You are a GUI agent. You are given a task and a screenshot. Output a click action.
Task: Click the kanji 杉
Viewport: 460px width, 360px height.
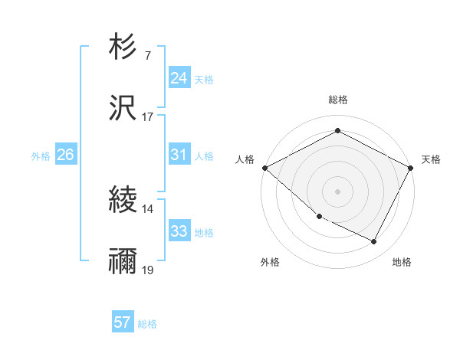point(123,47)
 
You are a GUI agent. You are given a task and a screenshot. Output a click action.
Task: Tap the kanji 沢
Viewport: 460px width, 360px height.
point(123,108)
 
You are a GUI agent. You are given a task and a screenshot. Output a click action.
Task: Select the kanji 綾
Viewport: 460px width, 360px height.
point(123,201)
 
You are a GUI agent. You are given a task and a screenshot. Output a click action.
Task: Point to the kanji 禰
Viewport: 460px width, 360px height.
point(123,262)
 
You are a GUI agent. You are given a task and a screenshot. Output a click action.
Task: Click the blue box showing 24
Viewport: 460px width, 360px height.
point(179,78)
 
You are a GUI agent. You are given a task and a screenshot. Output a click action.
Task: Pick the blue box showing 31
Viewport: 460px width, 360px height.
point(179,155)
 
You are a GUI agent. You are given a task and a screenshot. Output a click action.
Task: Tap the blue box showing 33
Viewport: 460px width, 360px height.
point(179,231)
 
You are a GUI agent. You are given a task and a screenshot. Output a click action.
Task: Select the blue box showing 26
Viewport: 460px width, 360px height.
point(65,155)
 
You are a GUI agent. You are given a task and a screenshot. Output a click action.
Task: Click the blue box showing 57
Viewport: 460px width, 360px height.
point(123,322)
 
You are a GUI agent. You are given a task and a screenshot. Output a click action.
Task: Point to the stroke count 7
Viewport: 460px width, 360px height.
point(147,55)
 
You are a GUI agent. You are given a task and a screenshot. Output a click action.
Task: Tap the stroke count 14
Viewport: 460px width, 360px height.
point(147,208)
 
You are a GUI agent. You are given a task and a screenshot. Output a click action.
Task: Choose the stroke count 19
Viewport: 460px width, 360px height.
point(147,270)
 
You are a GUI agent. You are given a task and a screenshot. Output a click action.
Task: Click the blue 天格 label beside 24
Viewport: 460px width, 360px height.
point(203,79)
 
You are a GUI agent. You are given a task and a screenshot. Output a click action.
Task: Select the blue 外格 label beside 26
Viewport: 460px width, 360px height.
point(41,155)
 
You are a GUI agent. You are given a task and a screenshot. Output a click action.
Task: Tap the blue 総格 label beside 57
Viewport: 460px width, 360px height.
point(147,323)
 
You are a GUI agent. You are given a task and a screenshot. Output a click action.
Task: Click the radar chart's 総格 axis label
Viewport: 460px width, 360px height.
point(337,100)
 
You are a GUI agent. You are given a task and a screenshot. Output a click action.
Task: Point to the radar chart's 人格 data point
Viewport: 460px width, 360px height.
point(264,167)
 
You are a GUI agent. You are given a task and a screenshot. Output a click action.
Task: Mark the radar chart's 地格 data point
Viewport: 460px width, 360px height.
point(374,242)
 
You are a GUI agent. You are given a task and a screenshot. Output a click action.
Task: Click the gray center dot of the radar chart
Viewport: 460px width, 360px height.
point(337,191)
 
